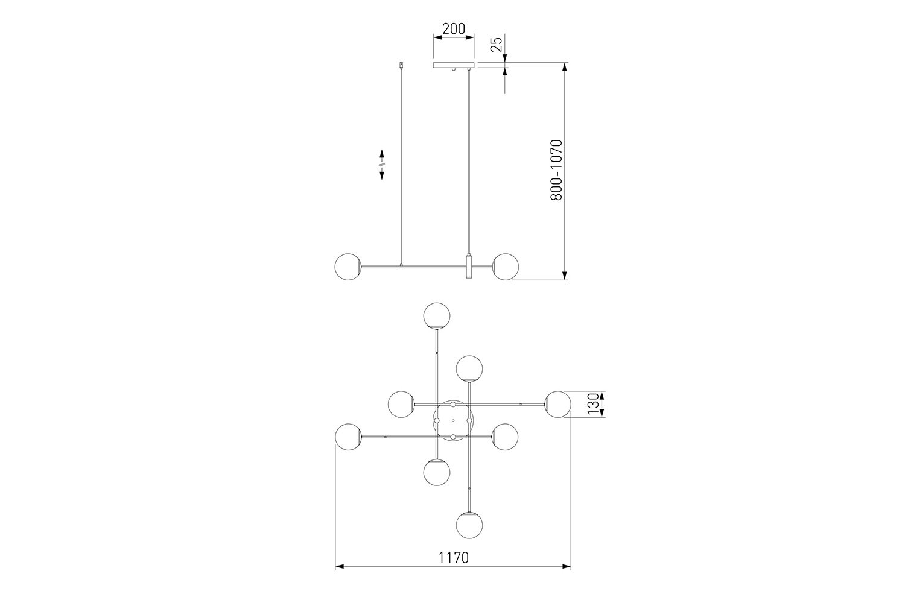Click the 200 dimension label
click(x=454, y=29)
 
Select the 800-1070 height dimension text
click(x=556, y=170)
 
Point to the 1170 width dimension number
click(x=454, y=558)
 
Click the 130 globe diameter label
click(x=592, y=404)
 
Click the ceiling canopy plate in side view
click(x=454, y=65)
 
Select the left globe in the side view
click(x=348, y=267)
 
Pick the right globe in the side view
click(x=506, y=267)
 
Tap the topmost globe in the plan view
click(x=437, y=315)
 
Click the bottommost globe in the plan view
click(x=469, y=525)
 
